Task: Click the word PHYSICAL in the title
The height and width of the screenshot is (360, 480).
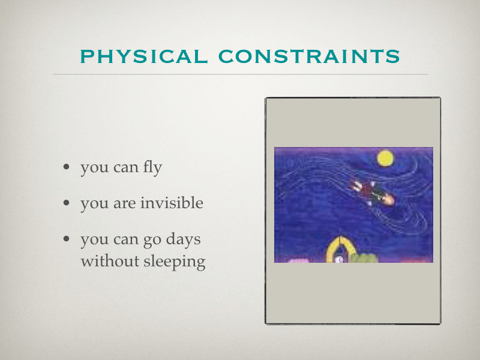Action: point(144,56)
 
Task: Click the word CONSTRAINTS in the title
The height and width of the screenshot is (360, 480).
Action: point(309,56)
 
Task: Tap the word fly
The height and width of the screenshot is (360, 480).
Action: point(152,168)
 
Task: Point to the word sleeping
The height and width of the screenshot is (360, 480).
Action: point(174,262)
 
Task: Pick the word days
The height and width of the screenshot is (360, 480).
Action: point(183,239)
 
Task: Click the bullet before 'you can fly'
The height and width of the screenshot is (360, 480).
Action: point(67,167)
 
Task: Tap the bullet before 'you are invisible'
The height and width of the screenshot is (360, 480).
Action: point(67,203)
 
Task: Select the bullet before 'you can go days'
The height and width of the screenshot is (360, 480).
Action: point(67,238)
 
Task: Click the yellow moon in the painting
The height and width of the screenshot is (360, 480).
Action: point(385,158)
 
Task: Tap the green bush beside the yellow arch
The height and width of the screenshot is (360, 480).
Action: point(364,259)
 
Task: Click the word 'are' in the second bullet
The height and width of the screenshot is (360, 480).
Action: point(125,204)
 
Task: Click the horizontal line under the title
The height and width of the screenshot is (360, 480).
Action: point(241,74)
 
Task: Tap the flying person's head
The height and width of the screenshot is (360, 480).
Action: point(388,200)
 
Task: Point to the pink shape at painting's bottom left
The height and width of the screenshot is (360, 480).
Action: point(298,260)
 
